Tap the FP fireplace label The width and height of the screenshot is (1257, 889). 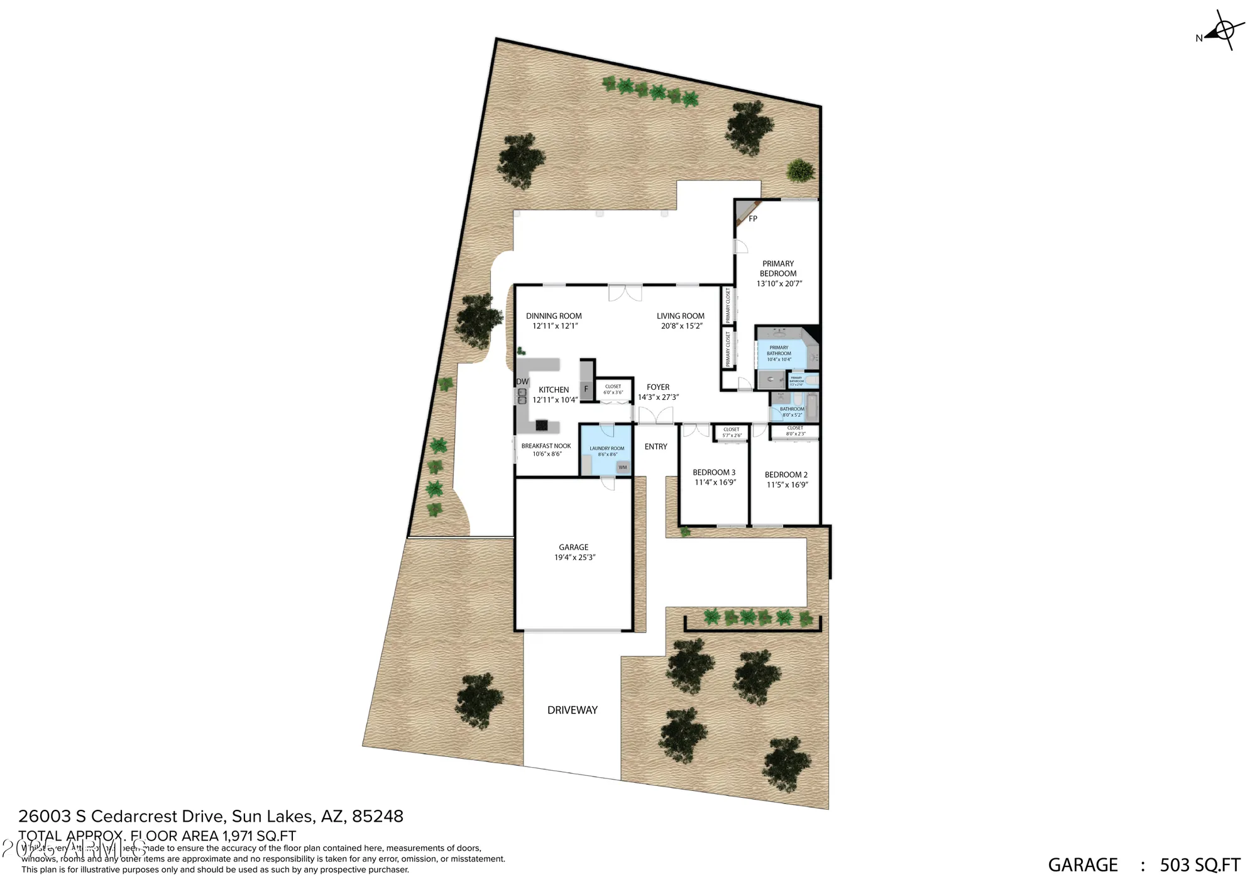pos(753,219)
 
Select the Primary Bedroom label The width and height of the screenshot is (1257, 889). pos(778,268)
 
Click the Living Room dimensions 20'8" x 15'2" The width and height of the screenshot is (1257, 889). pos(681,326)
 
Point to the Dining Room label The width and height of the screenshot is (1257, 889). pos(554,316)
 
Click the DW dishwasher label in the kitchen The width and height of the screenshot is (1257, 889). pos(522,382)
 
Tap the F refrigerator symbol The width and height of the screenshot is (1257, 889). pos(586,389)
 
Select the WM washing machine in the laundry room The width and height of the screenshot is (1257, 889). pos(622,467)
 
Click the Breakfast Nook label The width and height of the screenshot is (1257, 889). pos(546,446)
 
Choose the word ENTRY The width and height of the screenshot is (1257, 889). pos(656,446)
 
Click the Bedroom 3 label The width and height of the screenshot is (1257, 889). pos(714,472)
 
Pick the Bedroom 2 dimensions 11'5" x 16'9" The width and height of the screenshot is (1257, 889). pos(787,485)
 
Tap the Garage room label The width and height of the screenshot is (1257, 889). pos(574,547)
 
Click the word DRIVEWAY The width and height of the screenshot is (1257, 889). pos(572,710)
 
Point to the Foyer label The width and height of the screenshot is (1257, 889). pos(658,387)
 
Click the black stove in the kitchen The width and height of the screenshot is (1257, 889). pos(542,425)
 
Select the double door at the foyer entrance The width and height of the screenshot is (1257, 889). pos(656,416)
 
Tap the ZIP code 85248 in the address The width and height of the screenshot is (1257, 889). pos(377,816)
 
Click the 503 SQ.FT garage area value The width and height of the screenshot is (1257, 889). pos(1200,865)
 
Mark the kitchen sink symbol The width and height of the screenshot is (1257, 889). pos(522,396)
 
